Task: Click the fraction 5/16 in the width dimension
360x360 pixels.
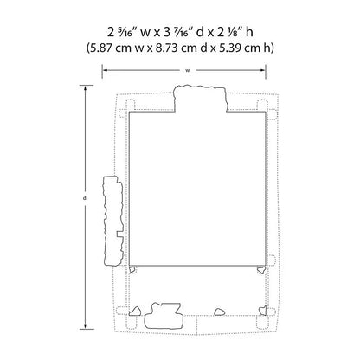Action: point(125,31)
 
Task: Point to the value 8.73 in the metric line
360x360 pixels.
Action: point(166,48)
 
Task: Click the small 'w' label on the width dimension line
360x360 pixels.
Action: point(188,70)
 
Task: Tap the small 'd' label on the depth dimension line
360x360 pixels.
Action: point(85,198)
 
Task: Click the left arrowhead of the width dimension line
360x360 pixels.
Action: point(105,70)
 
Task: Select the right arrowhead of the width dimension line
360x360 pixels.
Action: point(263,70)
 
